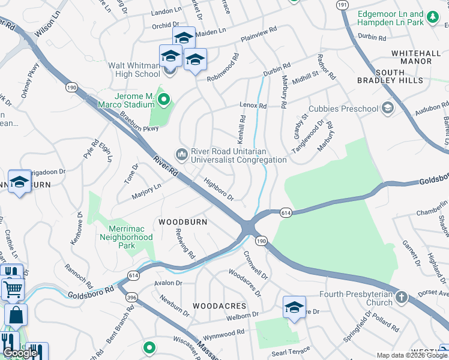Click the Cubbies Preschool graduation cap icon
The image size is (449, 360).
[388, 108]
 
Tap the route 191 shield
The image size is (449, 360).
[342, 5]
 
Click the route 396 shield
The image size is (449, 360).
[130, 298]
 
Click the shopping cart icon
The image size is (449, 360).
[13, 290]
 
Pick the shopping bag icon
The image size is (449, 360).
[16, 314]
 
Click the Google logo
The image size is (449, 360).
[20, 353]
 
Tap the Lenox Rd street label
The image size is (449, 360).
[253, 106]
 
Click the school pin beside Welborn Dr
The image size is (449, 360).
[295, 308]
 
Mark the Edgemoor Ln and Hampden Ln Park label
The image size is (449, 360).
[398, 18]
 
